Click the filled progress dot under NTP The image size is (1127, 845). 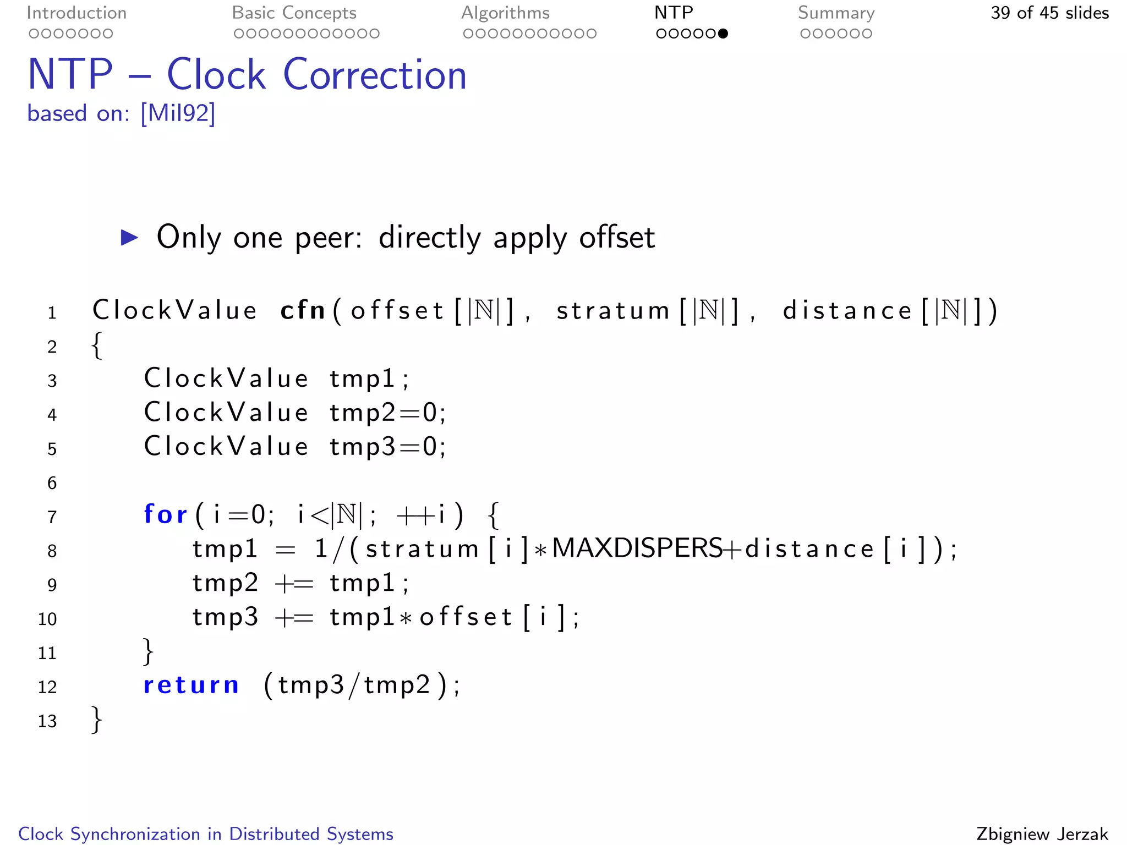pos(723,34)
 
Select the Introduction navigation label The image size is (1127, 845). pos(76,13)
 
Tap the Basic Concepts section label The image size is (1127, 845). pos(294,13)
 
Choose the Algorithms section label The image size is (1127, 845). pos(505,13)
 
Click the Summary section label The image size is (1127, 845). pos(836,13)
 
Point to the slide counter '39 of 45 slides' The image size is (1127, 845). pos(1049,13)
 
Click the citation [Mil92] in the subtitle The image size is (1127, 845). pos(178,113)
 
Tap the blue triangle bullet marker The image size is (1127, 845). pos(129,238)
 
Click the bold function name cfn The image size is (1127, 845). pos(303,310)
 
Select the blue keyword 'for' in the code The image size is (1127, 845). pos(165,514)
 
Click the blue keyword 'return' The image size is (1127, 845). pos(191,685)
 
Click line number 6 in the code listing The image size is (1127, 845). pos(52,483)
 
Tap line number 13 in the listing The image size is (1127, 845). pos(47,721)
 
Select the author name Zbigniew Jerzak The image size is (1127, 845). pos(1042,833)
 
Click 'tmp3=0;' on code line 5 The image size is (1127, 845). pos(387,446)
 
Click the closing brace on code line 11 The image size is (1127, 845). pos(147,651)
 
